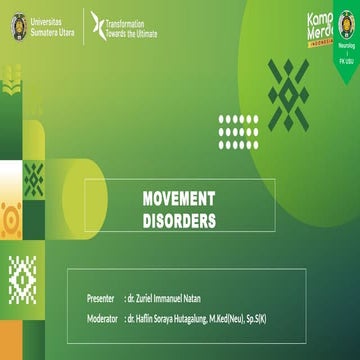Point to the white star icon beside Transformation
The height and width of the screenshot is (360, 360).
click(97, 26)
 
